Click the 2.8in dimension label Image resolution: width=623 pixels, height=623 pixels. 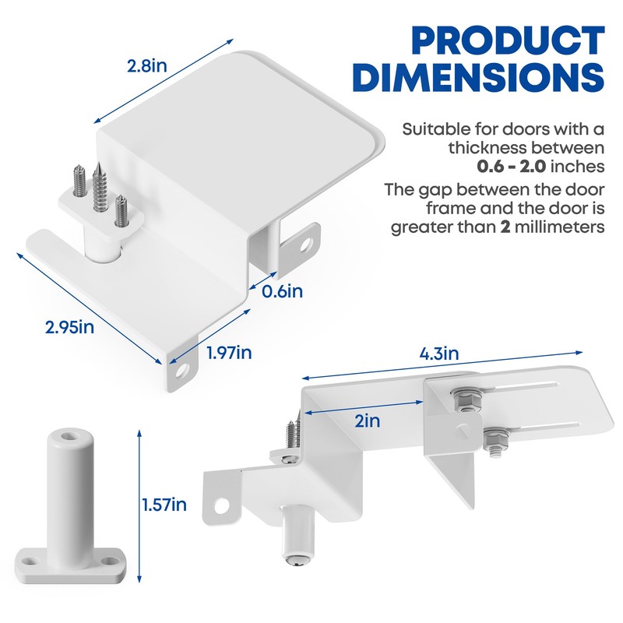[x=147, y=65]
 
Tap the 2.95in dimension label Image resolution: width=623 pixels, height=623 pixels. [x=69, y=327]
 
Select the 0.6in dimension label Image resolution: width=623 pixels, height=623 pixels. [x=282, y=291]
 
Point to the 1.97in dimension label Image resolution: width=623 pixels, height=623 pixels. [x=229, y=353]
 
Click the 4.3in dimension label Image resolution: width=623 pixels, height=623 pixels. [x=439, y=354]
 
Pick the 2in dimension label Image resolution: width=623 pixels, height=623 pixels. [x=367, y=421]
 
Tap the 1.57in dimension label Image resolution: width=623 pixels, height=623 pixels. [x=164, y=505]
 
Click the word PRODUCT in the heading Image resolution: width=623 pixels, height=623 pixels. [x=509, y=40]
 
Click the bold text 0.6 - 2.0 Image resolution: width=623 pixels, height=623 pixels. [x=512, y=167]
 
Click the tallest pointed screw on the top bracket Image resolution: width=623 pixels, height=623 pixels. [x=100, y=187]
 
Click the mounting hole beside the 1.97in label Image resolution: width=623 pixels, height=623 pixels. [x=181, y=371]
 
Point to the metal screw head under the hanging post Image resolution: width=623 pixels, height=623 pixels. [x=297, y=561]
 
